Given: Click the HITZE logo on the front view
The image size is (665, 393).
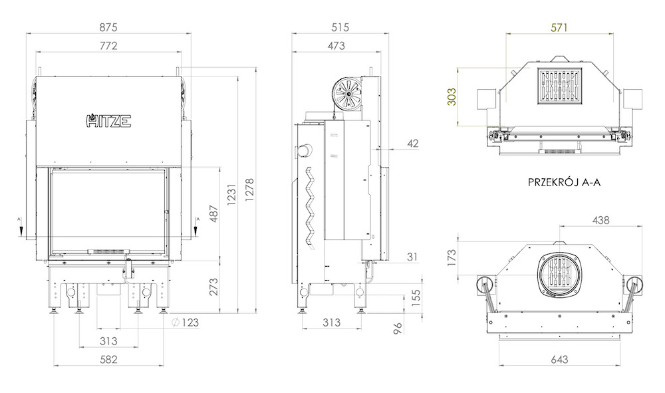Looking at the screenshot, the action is (109, 121).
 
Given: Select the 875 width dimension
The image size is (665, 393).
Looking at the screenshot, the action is (108, 27).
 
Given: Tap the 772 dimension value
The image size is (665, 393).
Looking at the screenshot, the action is (108, 46).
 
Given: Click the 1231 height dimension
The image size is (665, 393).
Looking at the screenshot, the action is (231, 195).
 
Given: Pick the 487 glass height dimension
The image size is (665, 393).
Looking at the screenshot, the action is (213, 214).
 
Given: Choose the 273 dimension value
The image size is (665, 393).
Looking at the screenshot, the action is (213, 287).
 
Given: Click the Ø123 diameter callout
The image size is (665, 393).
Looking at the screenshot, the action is (186, 323).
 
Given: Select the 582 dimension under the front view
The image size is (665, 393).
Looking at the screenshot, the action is (108, 360).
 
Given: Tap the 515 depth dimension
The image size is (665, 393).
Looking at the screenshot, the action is (340, 27).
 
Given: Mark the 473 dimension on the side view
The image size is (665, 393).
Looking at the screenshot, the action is (336, 46).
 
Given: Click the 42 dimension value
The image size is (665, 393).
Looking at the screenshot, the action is (413, 144).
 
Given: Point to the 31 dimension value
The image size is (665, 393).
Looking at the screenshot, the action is (412, 257).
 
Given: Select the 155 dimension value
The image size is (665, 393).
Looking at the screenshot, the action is (416, 298).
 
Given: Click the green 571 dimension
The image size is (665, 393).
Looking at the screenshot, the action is (559, 27).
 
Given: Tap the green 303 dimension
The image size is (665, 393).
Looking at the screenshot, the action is (452, 96).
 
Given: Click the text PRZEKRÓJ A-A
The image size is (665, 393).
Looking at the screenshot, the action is (564, 182).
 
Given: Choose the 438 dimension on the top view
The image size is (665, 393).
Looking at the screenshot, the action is (600, 220).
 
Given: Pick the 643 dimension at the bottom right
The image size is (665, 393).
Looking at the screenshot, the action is (559, 360).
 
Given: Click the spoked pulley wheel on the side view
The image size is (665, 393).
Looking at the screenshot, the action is (347, 92).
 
